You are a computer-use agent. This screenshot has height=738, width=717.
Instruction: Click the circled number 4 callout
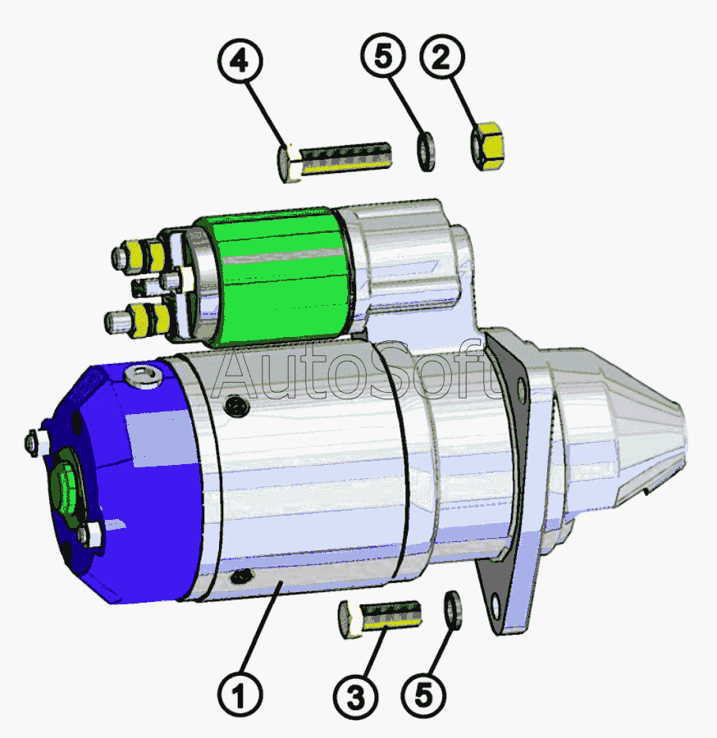click(x=240, y=61)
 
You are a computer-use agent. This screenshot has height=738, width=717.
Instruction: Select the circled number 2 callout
click(x=441, y=57)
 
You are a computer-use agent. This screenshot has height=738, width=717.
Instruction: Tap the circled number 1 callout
click(x=240, y=695)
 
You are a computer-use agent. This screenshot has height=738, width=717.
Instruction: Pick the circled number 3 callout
click(x=355, y=697)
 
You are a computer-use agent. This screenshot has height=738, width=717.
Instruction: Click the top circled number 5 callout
click(x=383, y=56)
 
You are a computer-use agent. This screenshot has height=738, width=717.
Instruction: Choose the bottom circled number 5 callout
click(x=423, y=695)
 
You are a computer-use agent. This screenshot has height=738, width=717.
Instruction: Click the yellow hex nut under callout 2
click(x=487, y=145)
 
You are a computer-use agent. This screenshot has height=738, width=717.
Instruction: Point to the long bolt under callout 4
click(x=334, y=160)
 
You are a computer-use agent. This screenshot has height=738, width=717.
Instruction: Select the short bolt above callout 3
click(x=380, y=618)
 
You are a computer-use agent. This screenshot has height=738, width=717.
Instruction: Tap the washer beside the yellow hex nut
click(x=426, y=152)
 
